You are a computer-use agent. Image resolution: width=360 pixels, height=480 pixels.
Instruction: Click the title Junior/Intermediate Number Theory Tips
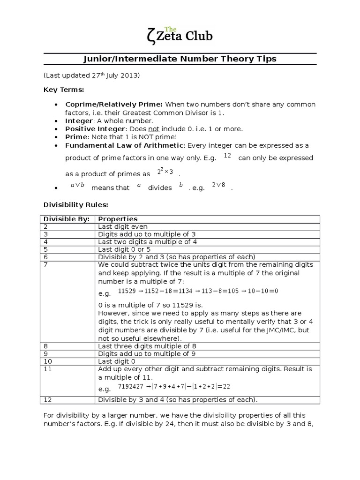pos(180,59)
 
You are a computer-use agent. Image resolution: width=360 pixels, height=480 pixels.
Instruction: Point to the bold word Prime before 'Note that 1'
pos(76,136)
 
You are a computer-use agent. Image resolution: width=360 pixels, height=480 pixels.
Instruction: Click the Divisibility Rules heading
pos(76,204)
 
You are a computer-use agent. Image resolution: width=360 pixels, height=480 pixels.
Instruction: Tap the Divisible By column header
pos(66,219)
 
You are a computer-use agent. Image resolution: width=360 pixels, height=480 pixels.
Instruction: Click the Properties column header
pos(118,219)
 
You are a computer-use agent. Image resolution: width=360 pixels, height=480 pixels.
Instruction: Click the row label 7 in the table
pos(45,264)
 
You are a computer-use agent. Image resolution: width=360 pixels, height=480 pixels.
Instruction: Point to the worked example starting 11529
pos(198,291)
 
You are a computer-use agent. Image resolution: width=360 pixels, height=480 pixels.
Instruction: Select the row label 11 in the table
pos(47,369)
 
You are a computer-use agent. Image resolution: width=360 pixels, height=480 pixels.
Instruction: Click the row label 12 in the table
pos(47,400)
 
